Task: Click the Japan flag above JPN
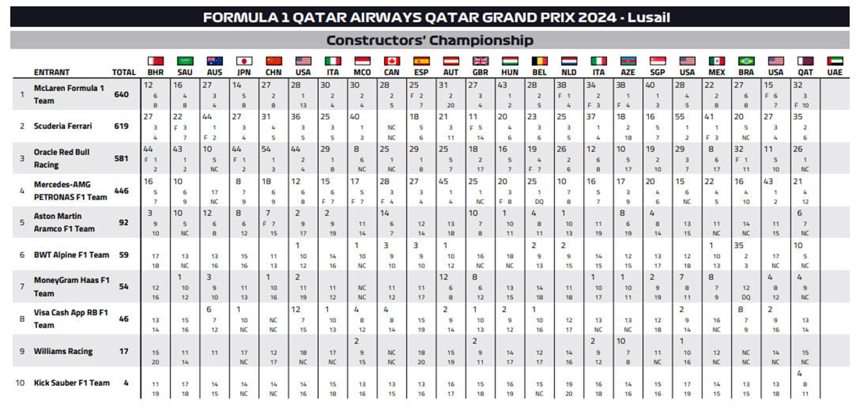pos(244,61)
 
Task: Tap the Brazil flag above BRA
pos(746,61)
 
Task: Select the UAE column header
pos(834,72)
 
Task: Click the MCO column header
pos(362,72)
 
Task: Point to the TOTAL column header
pos(124,72)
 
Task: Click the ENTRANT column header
pos(52,72)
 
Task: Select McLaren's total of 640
pos(121,95)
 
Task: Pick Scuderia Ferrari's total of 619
pos(121,126)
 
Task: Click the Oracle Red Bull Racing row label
pos(62,158)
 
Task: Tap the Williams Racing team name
pos(63,351)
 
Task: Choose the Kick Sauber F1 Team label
pos(71,382)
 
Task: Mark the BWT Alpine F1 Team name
pos(71,254)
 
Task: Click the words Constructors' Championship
pos(429,41)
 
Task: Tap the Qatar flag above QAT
pos(805,61)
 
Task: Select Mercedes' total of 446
pos(121,190)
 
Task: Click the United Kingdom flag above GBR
pos(480,61)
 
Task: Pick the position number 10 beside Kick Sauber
pos(20,382)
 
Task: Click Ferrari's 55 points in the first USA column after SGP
pos(680,116)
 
